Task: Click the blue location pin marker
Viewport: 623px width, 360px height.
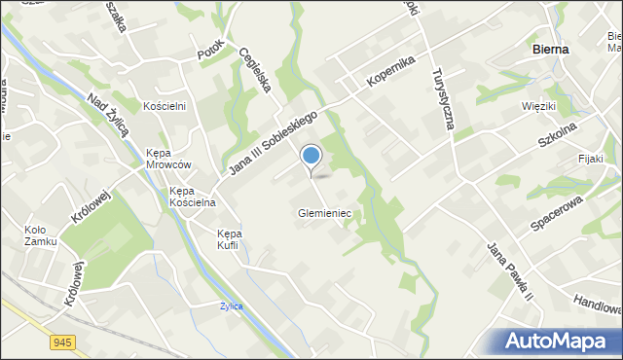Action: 311,157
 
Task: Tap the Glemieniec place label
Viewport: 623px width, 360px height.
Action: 324,213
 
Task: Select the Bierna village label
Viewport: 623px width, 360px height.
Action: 551,48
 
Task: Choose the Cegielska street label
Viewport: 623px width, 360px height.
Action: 254,70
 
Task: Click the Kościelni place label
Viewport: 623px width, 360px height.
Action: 165,105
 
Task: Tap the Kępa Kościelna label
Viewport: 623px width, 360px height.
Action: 192,197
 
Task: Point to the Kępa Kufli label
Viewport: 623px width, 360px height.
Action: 230,239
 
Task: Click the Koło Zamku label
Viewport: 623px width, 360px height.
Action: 41,235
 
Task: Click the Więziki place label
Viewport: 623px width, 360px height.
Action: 537,105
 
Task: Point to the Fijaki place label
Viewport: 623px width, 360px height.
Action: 590,159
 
